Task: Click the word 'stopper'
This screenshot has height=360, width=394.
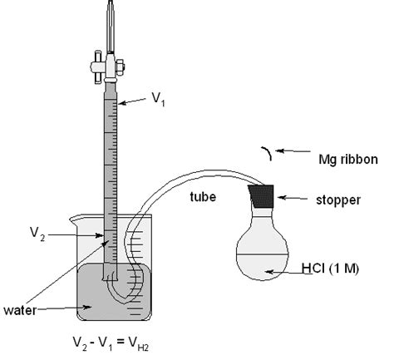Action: tap(333, 198)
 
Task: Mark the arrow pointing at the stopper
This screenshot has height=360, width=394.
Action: tap(295, 197)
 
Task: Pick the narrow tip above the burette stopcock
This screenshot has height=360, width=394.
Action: tap(111, 21)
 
